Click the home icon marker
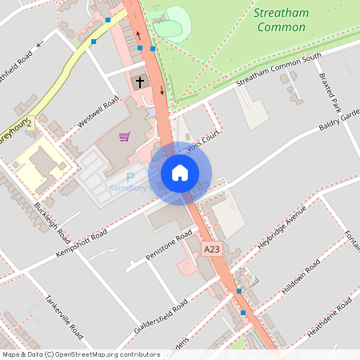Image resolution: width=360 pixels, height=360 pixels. click(180, 173)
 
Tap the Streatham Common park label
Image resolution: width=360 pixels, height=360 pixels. click(281, 20)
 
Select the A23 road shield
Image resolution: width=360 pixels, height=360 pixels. click(211, 250)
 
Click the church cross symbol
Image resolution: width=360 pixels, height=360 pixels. click(140, 82)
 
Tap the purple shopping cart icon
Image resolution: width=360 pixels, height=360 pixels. click(124, 137)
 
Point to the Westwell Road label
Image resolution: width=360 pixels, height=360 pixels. click(98, 113)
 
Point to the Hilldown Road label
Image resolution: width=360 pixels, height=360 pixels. click(301, 277)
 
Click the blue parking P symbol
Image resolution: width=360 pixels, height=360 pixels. click(132, 175)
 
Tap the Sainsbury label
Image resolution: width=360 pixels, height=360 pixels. click(127, 189)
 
